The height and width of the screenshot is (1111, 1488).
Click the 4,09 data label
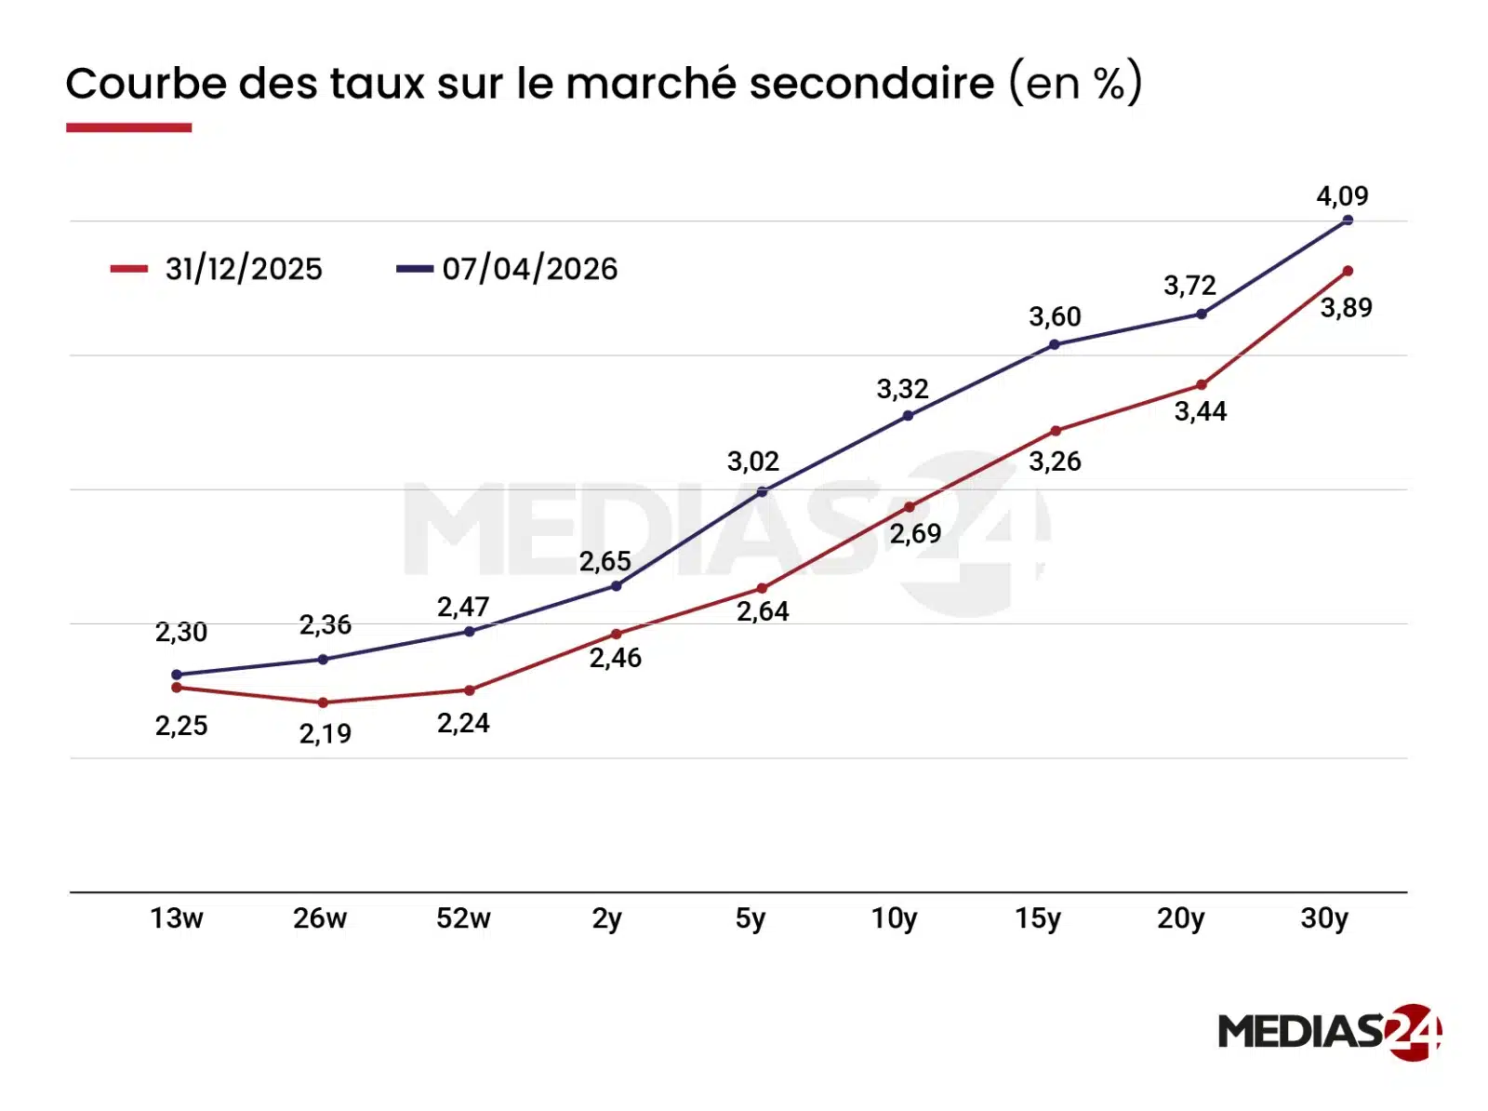point(1342,196)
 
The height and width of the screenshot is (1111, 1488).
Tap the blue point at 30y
point(1348,221)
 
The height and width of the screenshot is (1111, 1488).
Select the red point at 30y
point(1348,271)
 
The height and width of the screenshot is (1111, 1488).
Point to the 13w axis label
point(177,918)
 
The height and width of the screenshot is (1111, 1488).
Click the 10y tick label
point(894,918)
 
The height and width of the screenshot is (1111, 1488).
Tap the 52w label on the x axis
point(463,918)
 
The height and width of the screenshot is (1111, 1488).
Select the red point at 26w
point(323,703)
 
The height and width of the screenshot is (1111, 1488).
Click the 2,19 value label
point(325,734)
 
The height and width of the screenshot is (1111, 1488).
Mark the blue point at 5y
point(762,491)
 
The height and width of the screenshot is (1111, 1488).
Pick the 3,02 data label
point(752,462)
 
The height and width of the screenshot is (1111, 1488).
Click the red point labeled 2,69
point(910,507)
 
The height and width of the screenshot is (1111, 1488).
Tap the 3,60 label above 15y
point(1055,317)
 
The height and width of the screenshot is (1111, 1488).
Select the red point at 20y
point(1201,384)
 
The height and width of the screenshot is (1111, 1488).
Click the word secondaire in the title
point(871,84)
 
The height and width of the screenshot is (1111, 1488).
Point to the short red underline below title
point(128,127)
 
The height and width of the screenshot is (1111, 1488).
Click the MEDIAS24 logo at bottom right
point(1329,1031)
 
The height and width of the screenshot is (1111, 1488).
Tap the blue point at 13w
point(177,675)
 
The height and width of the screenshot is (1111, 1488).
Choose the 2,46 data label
point(615,658)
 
